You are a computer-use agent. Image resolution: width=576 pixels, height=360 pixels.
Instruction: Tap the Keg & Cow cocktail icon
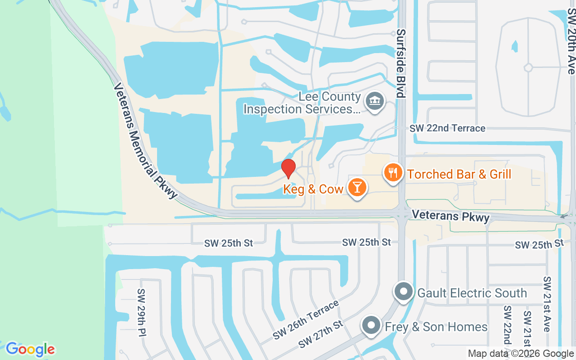[358, 187]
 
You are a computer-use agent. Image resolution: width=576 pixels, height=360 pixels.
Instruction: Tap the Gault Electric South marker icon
[404, 292]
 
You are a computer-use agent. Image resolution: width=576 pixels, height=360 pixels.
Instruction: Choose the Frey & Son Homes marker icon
[371, 325]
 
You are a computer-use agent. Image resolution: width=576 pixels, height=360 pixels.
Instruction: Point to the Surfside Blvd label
[401, 63]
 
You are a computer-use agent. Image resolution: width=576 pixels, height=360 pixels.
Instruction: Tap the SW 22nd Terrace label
[447, 128]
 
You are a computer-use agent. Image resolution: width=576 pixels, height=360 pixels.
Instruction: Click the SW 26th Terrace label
[306, 320]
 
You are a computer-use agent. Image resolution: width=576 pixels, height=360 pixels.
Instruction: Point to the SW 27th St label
[320, 334]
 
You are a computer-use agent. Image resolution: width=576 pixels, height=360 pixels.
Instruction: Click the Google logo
[30, 349]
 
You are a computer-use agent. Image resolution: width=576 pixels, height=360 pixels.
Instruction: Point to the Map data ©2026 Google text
[520, 354]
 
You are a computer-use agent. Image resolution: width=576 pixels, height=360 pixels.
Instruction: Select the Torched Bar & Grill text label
[459, 174]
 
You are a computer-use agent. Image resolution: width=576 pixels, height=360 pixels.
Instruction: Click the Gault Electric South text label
[472, 293]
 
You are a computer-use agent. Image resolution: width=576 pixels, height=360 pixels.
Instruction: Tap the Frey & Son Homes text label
[436, 327]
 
